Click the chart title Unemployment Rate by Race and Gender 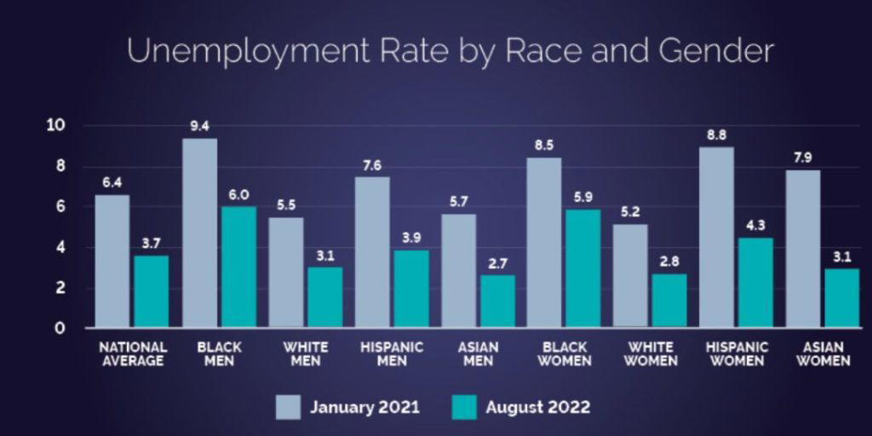450,51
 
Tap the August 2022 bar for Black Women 582,268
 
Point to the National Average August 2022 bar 152,291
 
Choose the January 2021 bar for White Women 631,276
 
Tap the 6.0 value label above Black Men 238,195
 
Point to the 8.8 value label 717,134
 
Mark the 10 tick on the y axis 56,126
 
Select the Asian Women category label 823,354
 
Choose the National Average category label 133,354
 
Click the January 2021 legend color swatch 289,407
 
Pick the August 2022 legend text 538,407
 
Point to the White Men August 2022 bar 324,297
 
